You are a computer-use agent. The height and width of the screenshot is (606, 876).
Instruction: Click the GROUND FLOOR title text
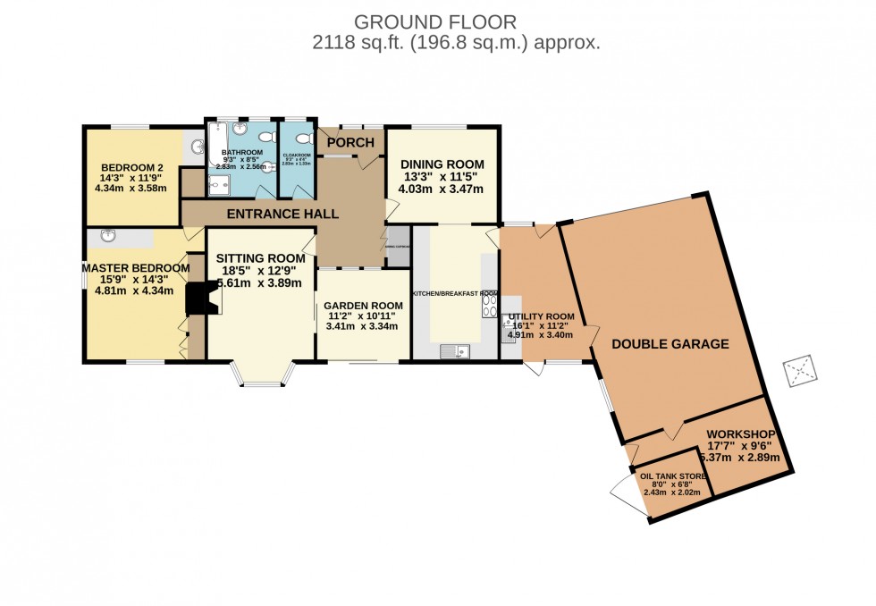coord(435,21)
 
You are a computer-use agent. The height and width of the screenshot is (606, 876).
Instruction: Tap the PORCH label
coord(350,142)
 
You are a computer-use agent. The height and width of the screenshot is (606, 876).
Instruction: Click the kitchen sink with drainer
coord(455,351)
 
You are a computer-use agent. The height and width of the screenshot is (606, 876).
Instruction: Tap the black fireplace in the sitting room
coord(199,299)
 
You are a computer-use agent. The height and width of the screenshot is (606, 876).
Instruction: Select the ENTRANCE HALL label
coord(282,214)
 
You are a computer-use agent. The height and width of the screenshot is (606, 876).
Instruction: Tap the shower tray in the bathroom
coord(217,184)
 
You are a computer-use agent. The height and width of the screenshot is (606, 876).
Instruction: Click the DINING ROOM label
coord(442,164)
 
